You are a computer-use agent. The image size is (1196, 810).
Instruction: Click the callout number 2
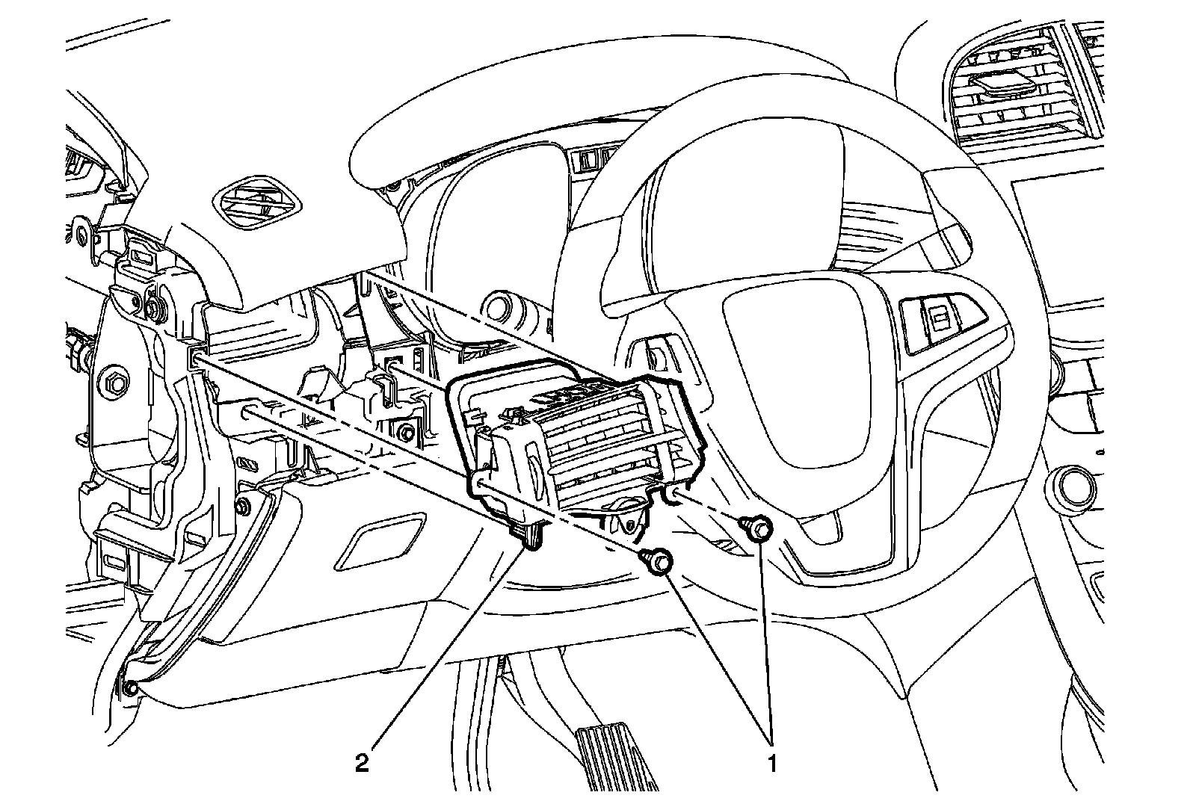(363, 765)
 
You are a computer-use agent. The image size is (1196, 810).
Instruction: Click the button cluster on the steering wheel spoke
(935, 321)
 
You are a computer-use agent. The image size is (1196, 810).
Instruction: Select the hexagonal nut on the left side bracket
(114, 384)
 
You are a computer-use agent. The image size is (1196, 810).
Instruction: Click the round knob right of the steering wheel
(1073, 489)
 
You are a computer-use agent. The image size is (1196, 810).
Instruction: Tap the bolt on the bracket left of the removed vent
(405, 433)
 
